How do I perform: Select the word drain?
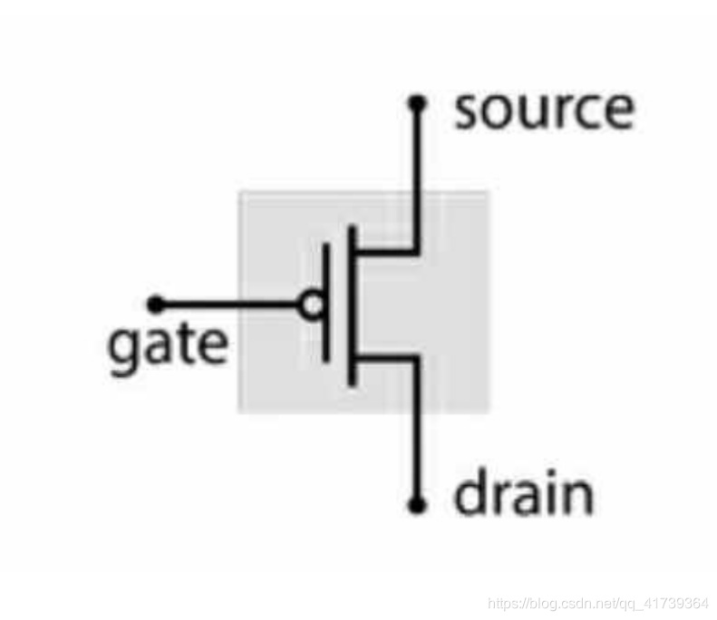(x=524, y=494)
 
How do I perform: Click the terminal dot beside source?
(x=417, y=104)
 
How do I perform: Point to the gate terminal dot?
(x=156, y=304)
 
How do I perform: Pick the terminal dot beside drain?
(x=417, y=505)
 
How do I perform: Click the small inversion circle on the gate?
(x=311, y=305)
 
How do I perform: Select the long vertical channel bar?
(x=352, y=305)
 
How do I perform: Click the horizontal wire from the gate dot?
(x=227, y=304)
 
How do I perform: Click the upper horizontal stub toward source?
(x=385, y=250)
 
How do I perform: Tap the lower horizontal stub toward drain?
(x=385, y=358)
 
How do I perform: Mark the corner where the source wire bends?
(x=417, y=250)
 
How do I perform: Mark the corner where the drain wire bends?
(x=417, y=358)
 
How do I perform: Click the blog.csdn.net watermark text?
(x=598, y=603)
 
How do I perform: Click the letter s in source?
(x=468, y=111)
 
